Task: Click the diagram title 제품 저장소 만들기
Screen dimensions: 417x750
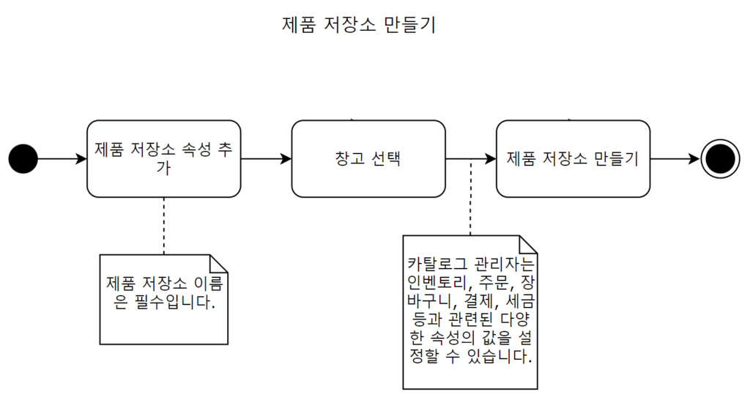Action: point(359,25)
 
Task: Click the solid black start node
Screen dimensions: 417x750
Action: point(23,158)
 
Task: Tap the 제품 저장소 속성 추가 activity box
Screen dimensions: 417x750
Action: point(163,158)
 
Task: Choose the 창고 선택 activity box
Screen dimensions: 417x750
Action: point(368,158)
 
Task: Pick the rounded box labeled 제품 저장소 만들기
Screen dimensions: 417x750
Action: point(573,158)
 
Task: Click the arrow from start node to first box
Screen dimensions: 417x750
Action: point(62,158)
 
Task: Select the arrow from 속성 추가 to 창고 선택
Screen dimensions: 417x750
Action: point(266,158)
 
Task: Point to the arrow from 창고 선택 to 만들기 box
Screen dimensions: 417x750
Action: point(470,158)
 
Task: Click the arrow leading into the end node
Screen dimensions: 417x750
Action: point(675,158)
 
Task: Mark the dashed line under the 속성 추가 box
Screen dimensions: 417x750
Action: point(164,225)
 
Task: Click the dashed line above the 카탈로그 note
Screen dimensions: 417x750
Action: point(470,198)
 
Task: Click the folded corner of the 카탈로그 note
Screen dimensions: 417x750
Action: point(529,244)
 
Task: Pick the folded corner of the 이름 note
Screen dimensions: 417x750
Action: point(220,263)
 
